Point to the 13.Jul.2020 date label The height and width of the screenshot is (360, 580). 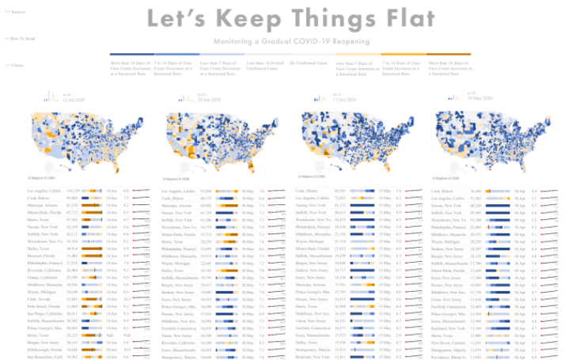coord(74,100)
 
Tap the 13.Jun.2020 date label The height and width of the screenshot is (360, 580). coord(343,100)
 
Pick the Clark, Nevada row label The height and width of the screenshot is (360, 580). coord(40,299)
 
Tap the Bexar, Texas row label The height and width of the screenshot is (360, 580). coord(40,335)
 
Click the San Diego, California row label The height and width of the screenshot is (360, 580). coord(45,313)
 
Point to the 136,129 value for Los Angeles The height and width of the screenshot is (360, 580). coord(73,191)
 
